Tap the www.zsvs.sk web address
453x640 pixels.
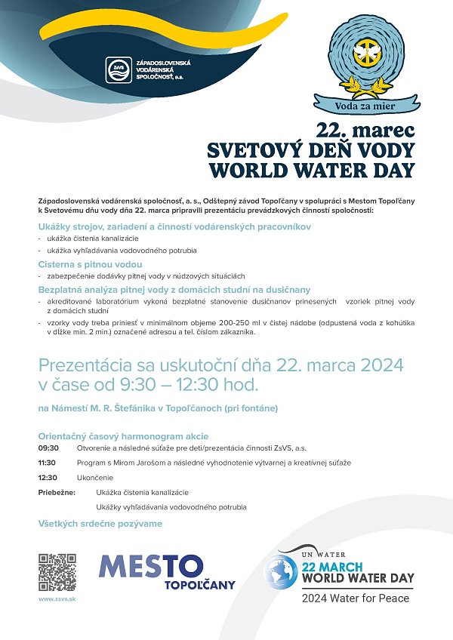(x=57, y=598)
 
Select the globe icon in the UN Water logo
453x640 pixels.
(x=282, y=574)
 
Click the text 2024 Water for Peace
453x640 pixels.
(x=356, y=598)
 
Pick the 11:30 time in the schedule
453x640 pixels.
(x=48, y=462)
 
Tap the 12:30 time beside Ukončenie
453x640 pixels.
(x=48, y=478)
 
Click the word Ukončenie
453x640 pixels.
(x=95, y=478)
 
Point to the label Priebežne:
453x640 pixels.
(x=57, y=492)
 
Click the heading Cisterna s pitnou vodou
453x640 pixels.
(x=90, y=264)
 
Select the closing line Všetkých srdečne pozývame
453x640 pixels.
(x=100, y=523)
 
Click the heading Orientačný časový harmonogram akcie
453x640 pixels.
(x=123, y=436)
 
